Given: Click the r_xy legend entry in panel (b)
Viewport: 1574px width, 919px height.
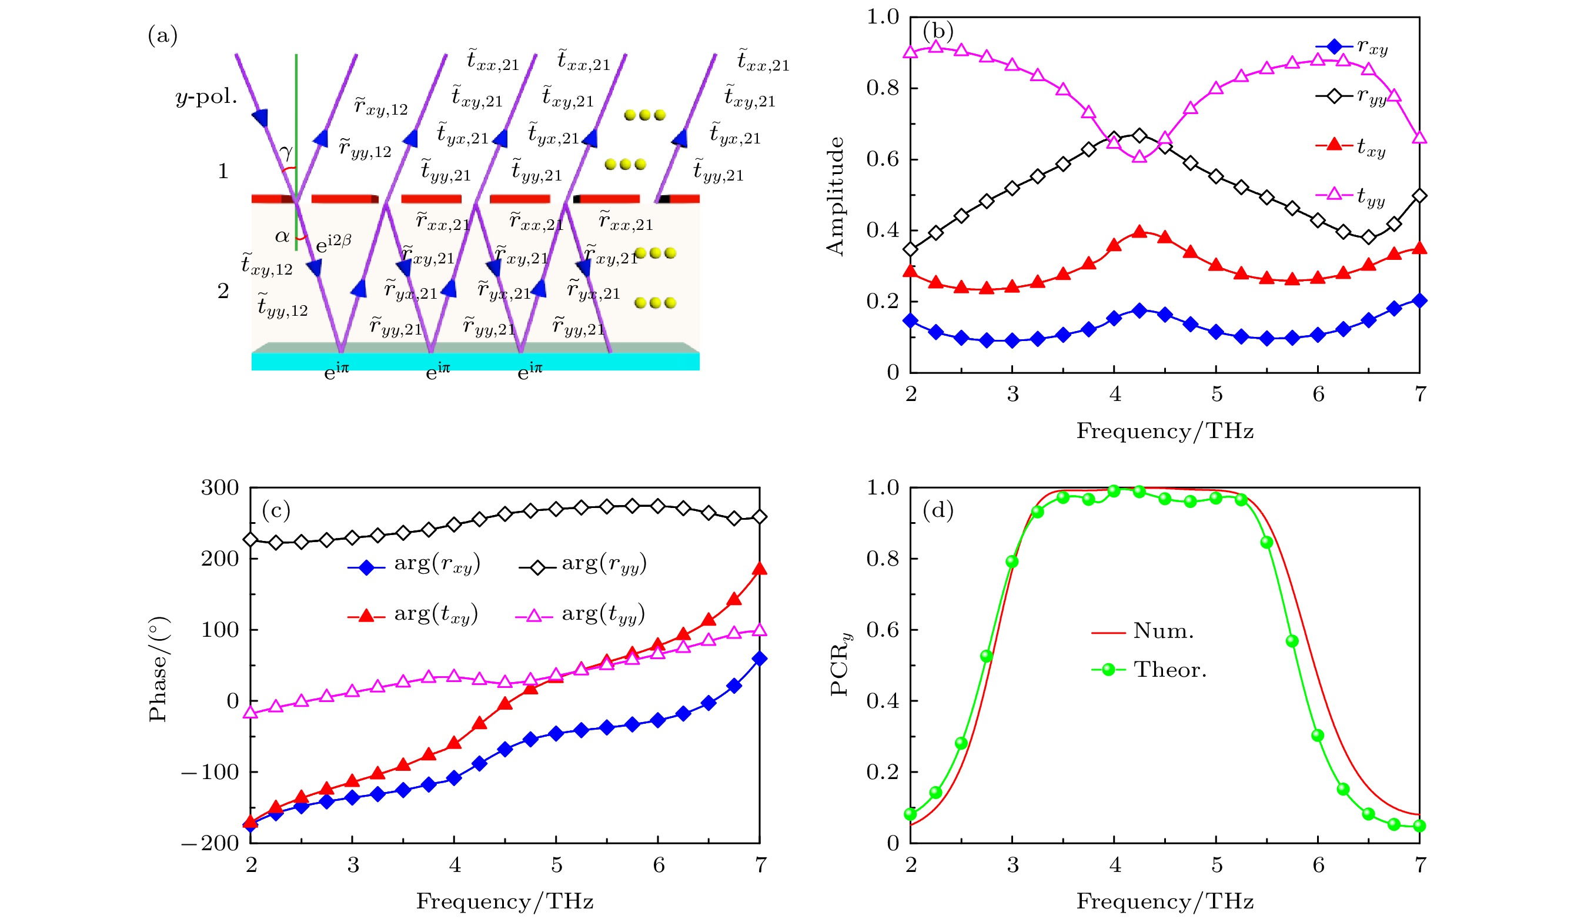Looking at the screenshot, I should click(x=1352, y=48).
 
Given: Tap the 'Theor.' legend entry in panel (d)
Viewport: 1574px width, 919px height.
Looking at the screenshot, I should click(x=1149, y=670).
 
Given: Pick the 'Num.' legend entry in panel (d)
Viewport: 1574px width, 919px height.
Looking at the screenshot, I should click(x=1142, y=631).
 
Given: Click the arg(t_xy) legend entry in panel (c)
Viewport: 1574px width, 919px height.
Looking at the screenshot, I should click(x=413, y=615).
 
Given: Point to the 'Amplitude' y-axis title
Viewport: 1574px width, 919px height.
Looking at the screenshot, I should click(x=835, y=196).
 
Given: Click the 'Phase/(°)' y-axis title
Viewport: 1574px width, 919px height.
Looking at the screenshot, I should click(x=158, y=669).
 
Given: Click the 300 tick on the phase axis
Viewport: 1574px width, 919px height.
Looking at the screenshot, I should click(x=220, y=488).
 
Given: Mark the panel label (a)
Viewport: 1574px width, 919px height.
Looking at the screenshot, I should click(x=162, y=36).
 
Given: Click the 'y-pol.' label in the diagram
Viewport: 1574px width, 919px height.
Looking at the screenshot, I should click(x=206, y=98).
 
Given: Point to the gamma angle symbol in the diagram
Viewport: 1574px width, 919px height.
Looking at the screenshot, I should click(x=286, y=152).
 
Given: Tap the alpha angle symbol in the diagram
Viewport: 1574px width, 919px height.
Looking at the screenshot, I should click(x=282, y=237).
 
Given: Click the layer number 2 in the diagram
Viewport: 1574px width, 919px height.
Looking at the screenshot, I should click(x=223, y=291).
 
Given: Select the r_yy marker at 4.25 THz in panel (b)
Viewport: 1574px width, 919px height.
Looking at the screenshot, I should click(x=1140, y=136).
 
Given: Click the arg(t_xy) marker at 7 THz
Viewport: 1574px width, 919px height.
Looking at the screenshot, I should click(x=760, y=569).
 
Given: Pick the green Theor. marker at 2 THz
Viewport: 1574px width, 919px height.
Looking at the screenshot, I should click(x=910, y=814).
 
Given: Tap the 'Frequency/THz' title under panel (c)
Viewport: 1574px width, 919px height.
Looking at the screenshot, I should click(x=504, y=901).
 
